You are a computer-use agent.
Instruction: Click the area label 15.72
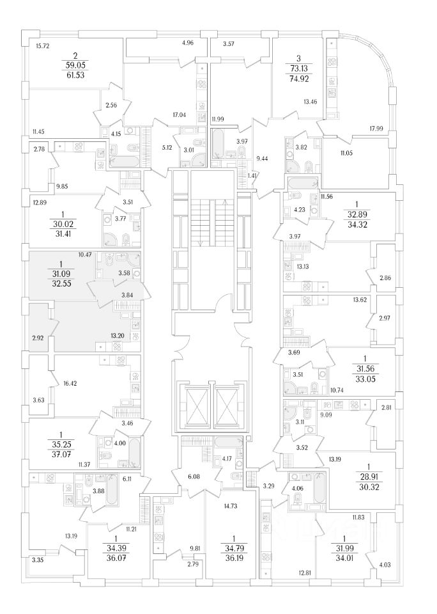pyautogui.click(x=43, y=46)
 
